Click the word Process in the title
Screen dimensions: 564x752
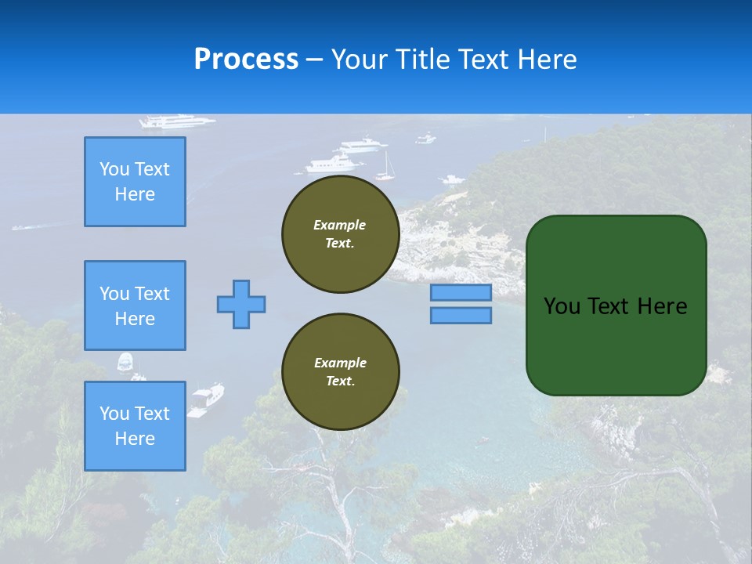(246, 60)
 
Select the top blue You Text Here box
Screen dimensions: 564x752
(135, 182)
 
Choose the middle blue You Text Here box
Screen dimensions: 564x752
(135, 305)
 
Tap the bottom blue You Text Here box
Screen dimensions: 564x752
(135, 425)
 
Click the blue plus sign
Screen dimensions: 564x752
(241, 304)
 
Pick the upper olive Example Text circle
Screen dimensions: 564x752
(340, 234)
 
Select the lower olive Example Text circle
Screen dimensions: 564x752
(340, 372)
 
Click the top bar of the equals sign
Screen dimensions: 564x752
(461, 292)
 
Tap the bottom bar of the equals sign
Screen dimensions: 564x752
(461, 315)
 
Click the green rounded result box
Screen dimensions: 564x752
(616, 305)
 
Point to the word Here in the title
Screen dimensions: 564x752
(547, 60)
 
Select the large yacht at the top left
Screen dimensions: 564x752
(176, 121)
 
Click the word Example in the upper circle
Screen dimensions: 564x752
(340, 225)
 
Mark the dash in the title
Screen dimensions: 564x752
(315, 60)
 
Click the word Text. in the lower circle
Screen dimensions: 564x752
(340, 381)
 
